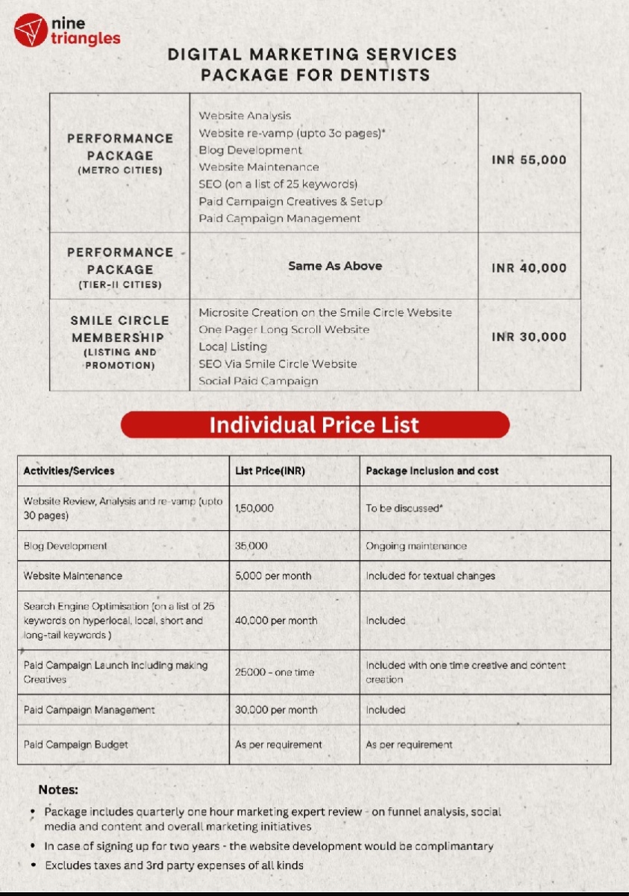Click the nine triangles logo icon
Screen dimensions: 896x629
[x=31, y=31]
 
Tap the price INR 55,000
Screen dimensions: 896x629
[x=529, y=160]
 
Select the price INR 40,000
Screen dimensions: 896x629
[x=529, y=268]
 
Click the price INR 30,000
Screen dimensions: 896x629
[x=529, y=337]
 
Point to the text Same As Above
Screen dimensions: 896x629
[x=334, y=266]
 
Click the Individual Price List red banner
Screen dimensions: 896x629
[x=315, y=425]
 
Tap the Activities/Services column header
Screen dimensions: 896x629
[x=69, y=471]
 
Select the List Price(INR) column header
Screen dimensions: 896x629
[x=270, y=471]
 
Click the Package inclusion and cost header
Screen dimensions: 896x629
[x=432, y=471]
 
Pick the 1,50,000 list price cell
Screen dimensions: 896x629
[x=254, y=508]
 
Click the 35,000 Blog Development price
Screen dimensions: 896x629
[x=251, y=546]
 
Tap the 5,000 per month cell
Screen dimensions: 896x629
[x=273, y=576]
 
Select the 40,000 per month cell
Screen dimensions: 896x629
[x=275, y=620]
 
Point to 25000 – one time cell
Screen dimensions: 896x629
[x=275, y=672]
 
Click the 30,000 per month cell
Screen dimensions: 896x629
[x=275, y=710]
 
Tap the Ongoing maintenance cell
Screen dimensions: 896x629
[x=416, y=546]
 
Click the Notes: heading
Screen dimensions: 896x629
[x=58, y=789]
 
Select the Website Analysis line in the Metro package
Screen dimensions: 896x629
[x=245, y=116]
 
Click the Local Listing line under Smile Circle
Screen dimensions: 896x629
[x=232, y=346]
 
